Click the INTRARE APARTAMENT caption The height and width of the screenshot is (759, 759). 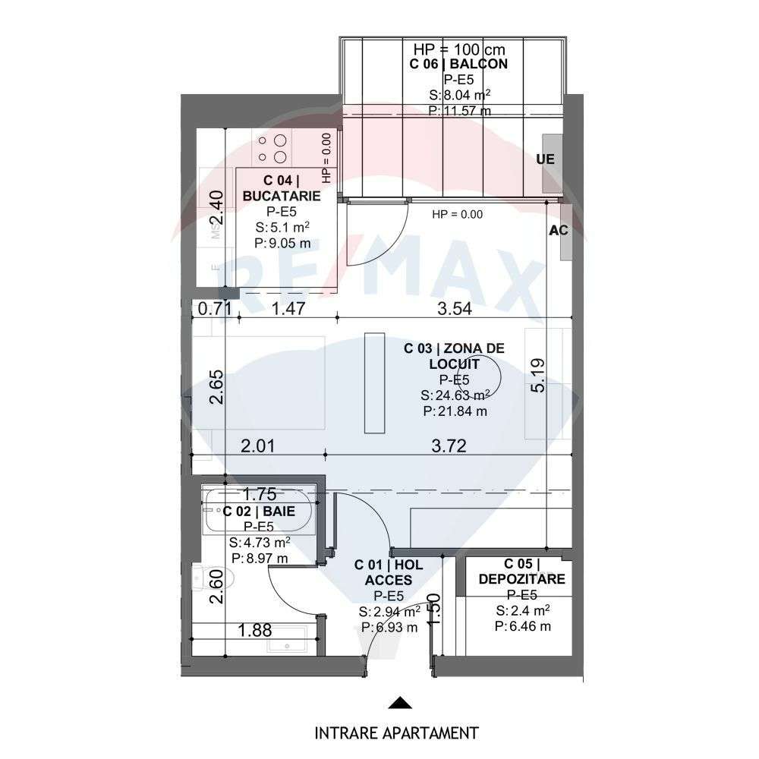[397, 732]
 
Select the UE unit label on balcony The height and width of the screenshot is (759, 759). [545, 160]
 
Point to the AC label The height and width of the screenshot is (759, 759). [559, 231]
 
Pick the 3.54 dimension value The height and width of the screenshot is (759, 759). [455, 308]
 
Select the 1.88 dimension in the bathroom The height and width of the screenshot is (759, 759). [257, 629]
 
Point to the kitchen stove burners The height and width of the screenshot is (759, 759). [272, 149]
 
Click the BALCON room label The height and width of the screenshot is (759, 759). [458, 65]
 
